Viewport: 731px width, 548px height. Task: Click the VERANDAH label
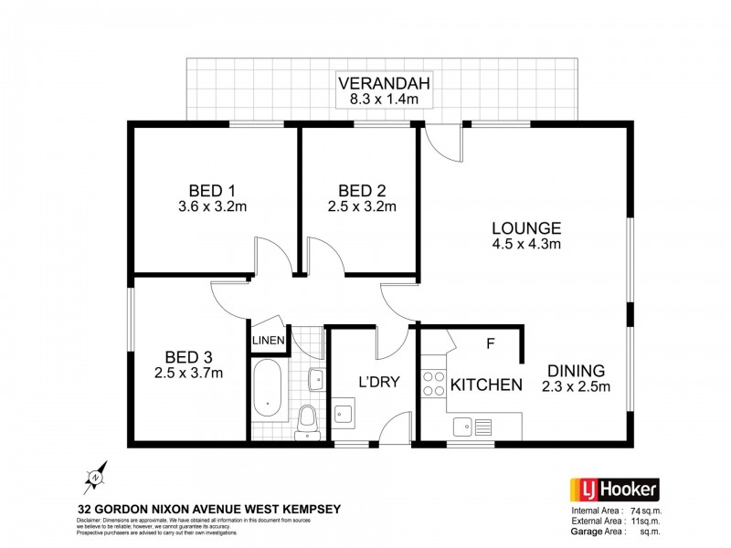click(x=383, y=79)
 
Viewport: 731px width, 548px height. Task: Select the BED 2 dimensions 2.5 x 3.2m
click(x=362, y=206)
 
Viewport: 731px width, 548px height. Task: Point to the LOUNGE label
click(x=525, y=227)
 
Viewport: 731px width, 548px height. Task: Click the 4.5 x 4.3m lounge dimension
click(x=525, y=244)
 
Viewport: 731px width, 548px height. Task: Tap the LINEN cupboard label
click(x=269, y=341)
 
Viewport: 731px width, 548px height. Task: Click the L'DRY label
click(x=378, y=383)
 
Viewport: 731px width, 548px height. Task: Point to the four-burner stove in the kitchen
click(x=431, y=385)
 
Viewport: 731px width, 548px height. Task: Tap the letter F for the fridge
click(x=490, y=344)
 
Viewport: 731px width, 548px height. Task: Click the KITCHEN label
click(x=486, y=385)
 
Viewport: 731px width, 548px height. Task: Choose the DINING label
click(x=576, y=370)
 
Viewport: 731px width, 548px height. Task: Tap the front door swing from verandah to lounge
click(x=439, y=143)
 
